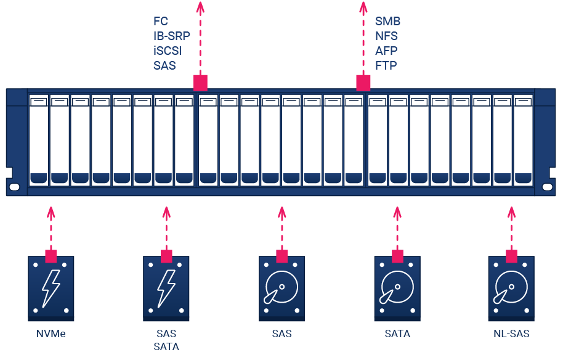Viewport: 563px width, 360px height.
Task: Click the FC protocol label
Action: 161,22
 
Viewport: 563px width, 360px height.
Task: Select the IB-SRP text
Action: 172,36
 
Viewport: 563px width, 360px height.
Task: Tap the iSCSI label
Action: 168,51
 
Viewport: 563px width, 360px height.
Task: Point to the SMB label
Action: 388,22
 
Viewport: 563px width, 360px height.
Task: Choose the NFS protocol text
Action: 387,36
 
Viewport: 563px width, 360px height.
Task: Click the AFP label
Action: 386,51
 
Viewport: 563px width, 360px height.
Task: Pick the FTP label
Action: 386,65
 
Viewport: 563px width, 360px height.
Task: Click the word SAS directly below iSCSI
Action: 165,65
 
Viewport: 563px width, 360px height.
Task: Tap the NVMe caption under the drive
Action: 51,334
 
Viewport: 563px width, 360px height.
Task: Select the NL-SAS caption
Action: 511,334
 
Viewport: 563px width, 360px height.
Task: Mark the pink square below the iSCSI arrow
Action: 200,83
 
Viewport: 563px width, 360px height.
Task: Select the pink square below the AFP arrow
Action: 363,83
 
